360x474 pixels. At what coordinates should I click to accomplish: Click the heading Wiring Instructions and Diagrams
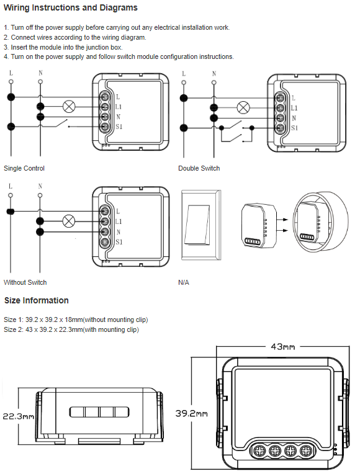[x=71, y=8]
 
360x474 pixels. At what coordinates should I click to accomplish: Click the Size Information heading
[x=36, y=300]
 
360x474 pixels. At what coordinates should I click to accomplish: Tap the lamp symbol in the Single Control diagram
[x=69, y=107]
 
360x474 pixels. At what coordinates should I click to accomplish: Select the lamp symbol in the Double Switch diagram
[x=243, y=107]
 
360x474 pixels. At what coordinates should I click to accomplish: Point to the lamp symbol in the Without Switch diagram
[x=69, y=221]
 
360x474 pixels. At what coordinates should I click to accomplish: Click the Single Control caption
[x=24, y=168]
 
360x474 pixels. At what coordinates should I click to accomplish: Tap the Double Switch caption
[x=199, y=168]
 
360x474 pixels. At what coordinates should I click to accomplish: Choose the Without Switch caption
[x=25, y=282]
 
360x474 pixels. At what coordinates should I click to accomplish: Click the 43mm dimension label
[x=282, y=346]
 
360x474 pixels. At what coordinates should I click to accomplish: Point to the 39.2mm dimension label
[x=192, y=413]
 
